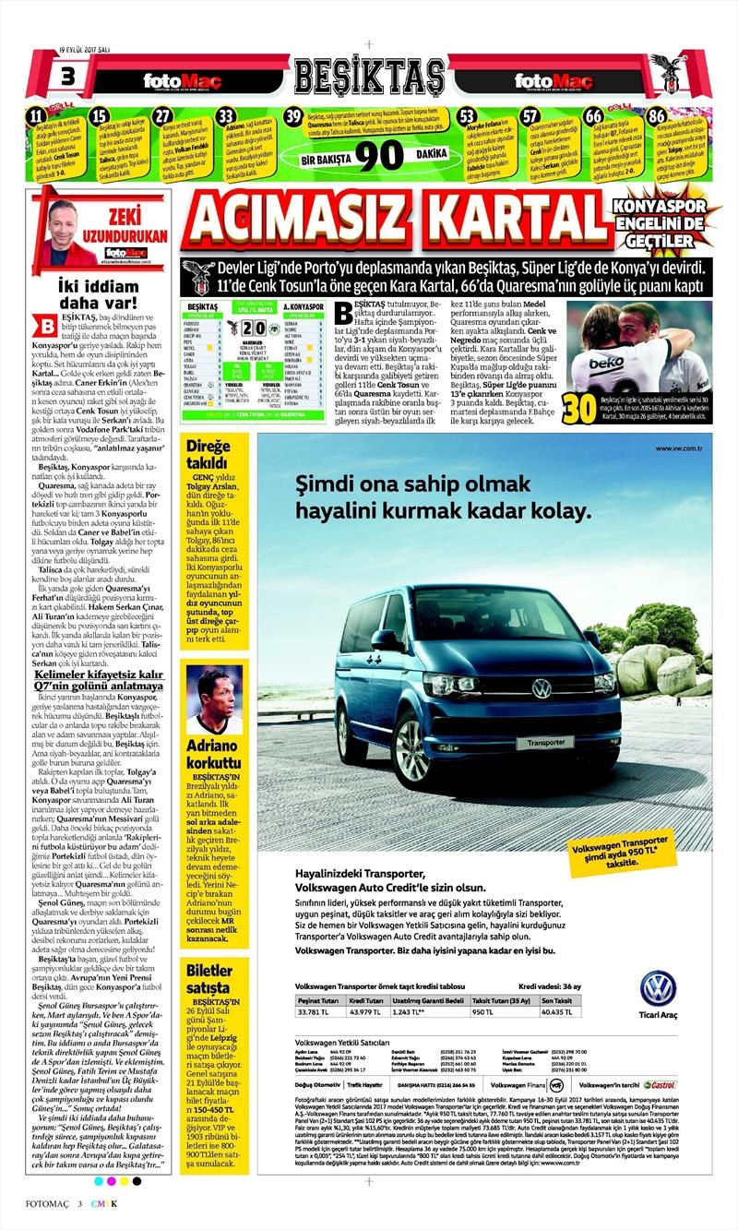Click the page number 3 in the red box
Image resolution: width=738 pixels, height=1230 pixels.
pos(67,76)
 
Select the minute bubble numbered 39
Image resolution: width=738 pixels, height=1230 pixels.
pos(294,116)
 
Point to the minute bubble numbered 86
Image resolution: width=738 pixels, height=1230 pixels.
pos(656,116)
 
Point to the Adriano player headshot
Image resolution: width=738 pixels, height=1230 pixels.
pos(213,699)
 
